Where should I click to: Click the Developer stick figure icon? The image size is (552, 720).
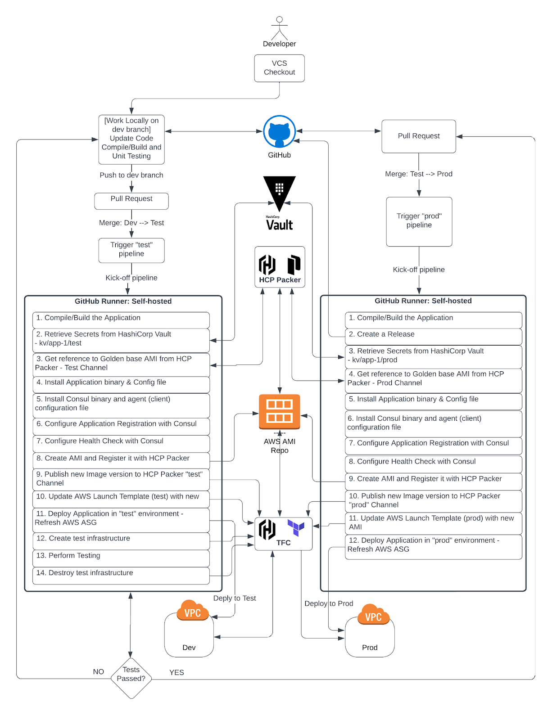(279, 28)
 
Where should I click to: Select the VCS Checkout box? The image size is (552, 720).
(279, 68)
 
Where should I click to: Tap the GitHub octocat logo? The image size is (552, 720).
(279, 131)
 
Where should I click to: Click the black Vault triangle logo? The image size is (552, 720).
(279, 191)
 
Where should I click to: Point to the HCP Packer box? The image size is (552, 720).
(280, 267)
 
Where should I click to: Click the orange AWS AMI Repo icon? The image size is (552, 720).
(279, 411)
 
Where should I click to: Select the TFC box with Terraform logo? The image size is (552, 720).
(283, 534)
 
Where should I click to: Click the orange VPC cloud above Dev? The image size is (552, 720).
(193, 612)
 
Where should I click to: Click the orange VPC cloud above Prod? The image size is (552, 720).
(373, 616)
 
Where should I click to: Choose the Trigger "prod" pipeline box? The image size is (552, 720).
(419, 221)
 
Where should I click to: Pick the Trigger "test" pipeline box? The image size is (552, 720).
(131, 250)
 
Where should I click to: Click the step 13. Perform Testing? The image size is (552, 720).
(121, 558)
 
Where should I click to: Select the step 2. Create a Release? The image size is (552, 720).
(433, 336)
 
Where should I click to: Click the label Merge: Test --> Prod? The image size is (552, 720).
(419, 174)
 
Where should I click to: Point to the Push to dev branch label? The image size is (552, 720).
(131, 175)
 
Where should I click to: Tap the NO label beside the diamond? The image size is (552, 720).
(99, 672)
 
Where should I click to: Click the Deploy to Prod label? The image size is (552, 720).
(329, 604)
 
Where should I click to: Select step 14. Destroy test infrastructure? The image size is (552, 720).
(121, 575)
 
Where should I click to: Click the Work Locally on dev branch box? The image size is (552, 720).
(131, 139)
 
